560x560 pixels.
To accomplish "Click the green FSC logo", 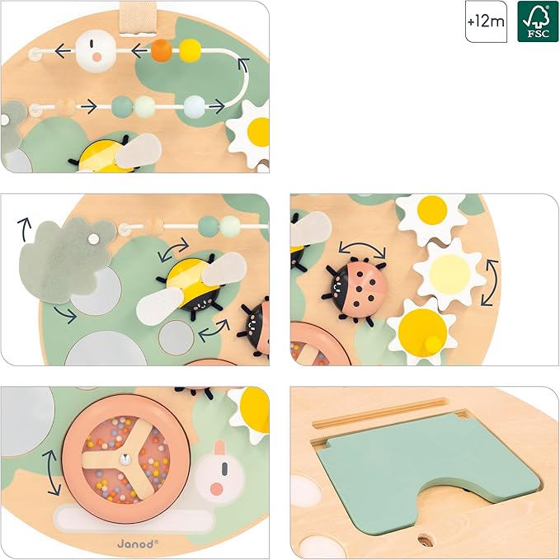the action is tap(538, 21).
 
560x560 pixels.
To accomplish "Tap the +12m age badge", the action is tap(486, 21).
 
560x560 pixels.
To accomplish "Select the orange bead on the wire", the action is tap(162, 50).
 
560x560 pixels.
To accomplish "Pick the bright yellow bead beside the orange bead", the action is tap(190, 50).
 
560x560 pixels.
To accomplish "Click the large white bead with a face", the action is tap(96, 51).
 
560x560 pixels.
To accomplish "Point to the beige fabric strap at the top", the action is tap(139, 18).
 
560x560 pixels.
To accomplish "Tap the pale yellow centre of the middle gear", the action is tap(450, 273).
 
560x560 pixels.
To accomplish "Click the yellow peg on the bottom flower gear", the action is tap(433, 344).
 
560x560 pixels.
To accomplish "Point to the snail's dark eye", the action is tap(224, 469).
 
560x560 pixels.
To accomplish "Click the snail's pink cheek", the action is tap(216, 488).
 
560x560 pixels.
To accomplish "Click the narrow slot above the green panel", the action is tap(379, 413).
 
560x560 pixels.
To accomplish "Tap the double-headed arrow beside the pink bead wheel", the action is tap(51, 472).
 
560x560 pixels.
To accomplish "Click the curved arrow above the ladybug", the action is tap(363, 247).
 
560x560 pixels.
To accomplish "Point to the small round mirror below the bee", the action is tap(176, 337).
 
